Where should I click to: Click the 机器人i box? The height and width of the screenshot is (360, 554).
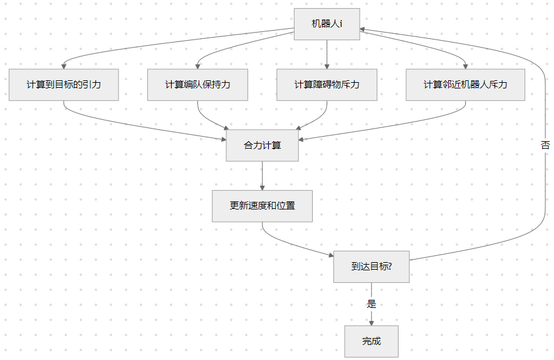coord(327,24)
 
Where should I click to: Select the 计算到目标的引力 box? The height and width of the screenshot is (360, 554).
coord(64,85)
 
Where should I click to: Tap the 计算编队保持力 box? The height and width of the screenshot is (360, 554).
coord(197,85)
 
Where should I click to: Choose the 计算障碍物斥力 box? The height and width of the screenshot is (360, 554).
coord(327,85)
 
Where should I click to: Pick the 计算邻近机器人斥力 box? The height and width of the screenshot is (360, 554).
coord(465,85)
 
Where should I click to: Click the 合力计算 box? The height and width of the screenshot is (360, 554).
coord(262,146)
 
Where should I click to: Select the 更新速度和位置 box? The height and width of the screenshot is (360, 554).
coord(262,206)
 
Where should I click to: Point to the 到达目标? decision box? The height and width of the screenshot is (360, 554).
coord(371,267)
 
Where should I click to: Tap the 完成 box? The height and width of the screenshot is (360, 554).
coord(371,342)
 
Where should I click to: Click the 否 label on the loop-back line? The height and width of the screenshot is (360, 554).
coord(545,145)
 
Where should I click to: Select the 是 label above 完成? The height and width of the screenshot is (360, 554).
coord(371,304)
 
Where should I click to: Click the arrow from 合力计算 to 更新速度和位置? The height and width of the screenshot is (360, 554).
coord(262,176)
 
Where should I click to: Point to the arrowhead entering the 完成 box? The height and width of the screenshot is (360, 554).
coord(371,322)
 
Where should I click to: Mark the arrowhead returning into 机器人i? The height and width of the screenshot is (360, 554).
coord(364,29)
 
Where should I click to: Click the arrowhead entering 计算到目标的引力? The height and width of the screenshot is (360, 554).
coord(64,66)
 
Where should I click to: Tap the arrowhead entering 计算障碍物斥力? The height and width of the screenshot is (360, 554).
coord(327,66)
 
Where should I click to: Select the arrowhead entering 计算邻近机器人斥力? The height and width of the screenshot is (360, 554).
coord(465,66)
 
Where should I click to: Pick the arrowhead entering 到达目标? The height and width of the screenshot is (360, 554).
coord(330,255)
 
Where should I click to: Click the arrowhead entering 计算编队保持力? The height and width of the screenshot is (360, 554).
coord(197,66)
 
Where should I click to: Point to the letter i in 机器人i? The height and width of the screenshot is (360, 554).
coord(340,24)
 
